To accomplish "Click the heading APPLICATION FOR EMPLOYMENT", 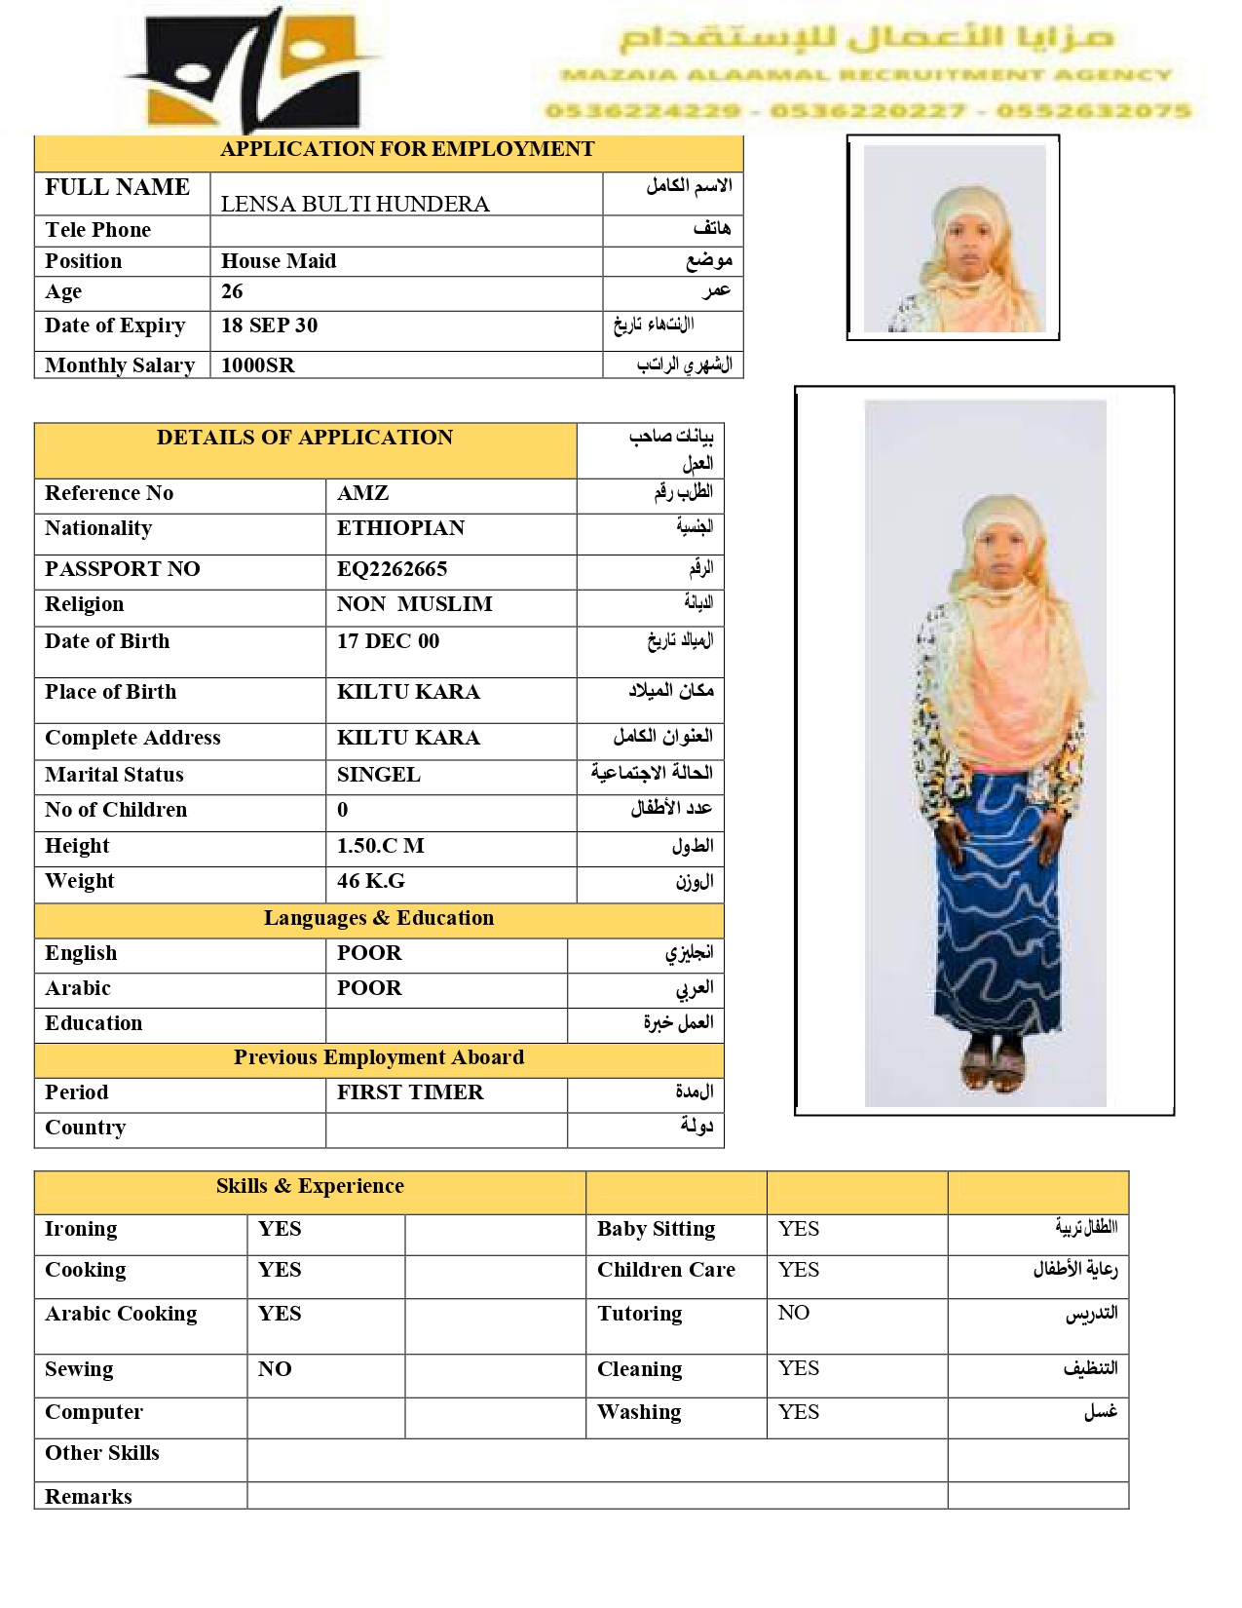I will pyautogui.click(x=407, y=149).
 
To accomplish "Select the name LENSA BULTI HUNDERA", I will pyautogui.click(x=355, y=204).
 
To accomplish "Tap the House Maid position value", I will pyautogui.click(x=279, y=261).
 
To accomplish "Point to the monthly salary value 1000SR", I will pyautogui.click(x=257, y=365).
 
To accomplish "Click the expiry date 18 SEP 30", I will pyautogui.click(x=269, y=325).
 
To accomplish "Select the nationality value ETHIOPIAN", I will pyautogui.click(x=400, y=528).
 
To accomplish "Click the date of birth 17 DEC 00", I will pyautogui.click(x=388, y=641).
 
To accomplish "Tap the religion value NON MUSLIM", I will pyautogui.click(x=414, y=604).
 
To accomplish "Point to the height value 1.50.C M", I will pyautogui.click(x=380, y=846).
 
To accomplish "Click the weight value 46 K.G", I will pyautogui.click(x=370, y=881).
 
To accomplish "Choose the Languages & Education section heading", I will pyautogui.click(x=378, y=918).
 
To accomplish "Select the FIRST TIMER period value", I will pyautogui.click(x=410, y=1092).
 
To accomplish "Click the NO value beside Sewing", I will pyautogui.click(x=275, y=1369).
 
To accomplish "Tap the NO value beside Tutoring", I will pyautogui.click(x=793, y=1313).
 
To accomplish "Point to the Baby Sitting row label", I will pyautogui.click(x=656, y=1229).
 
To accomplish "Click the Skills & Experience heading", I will pyautogui.click(x=310, y=1186).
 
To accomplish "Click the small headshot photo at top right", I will pyautogui.click(x=954, y=239).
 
